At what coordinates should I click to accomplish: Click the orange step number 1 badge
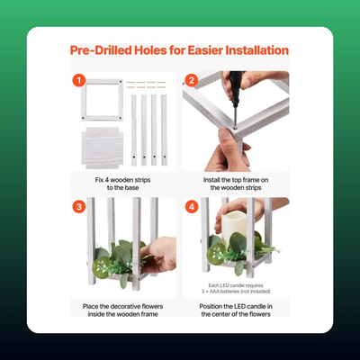coord(79,80)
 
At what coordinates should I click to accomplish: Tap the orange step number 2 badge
coord(192,80)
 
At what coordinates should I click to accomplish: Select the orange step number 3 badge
coord(79,207)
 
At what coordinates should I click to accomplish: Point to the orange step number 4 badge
coord(192,207)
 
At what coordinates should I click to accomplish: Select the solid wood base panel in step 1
coord(103,148)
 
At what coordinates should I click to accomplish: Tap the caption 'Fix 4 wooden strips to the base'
coord(122,184)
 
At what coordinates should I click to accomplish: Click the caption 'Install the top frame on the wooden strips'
coord(236,184)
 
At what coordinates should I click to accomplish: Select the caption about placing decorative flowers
coord(122,310)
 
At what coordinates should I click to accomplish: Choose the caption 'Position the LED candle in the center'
coord(236,310)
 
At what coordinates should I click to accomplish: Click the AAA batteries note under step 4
coord(236,288)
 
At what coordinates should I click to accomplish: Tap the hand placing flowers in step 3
coord(158,255)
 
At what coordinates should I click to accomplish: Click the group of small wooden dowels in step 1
coord(146,85)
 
